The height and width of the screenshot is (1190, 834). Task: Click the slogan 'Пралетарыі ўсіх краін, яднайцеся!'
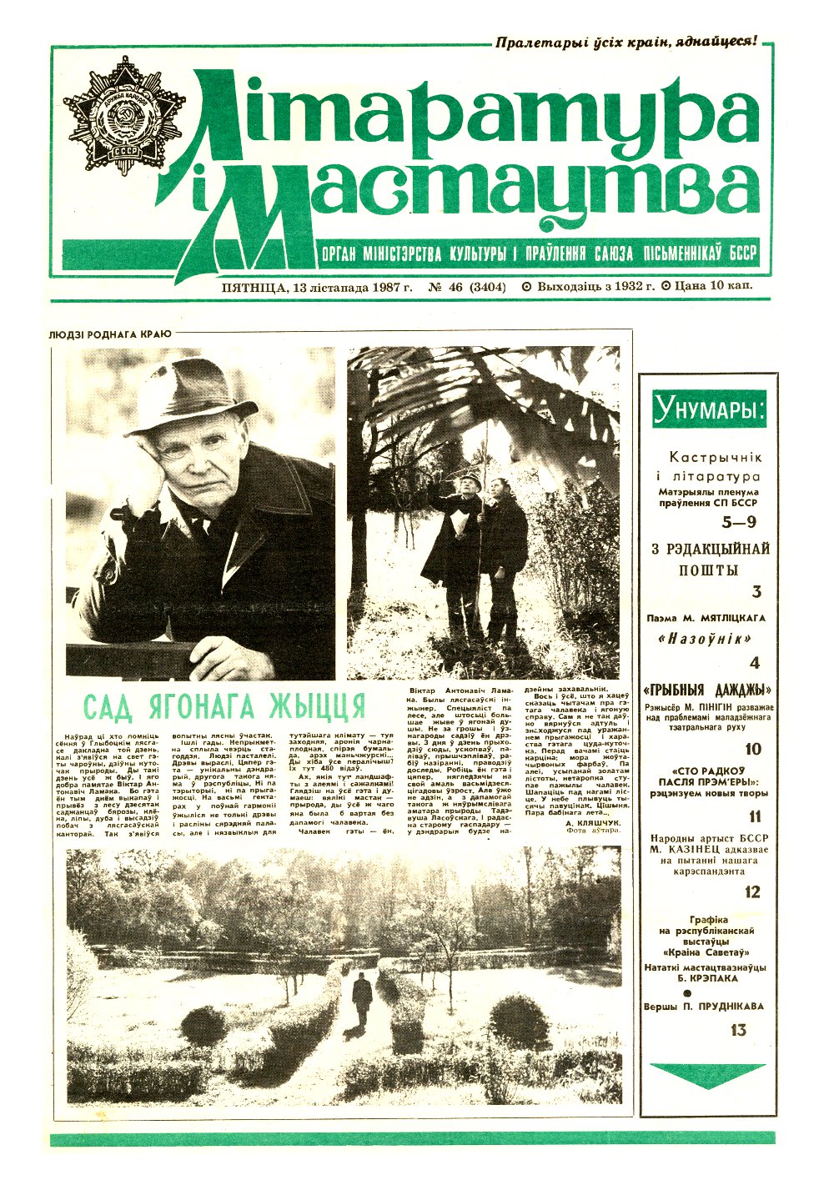625,41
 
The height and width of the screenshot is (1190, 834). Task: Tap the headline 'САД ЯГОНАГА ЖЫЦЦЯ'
225,706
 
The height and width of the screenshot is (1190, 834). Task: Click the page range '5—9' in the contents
737,524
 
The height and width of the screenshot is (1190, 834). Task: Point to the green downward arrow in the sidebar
707,1074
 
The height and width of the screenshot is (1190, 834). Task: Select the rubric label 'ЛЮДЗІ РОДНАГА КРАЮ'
110,334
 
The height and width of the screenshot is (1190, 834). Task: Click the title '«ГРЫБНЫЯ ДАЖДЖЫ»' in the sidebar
707,690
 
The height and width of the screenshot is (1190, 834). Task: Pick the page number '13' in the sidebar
737,1030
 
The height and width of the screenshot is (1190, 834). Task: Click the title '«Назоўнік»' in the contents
705,640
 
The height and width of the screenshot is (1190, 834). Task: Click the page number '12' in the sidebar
752,892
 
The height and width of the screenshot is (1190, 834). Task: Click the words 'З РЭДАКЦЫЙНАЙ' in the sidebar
710,549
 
